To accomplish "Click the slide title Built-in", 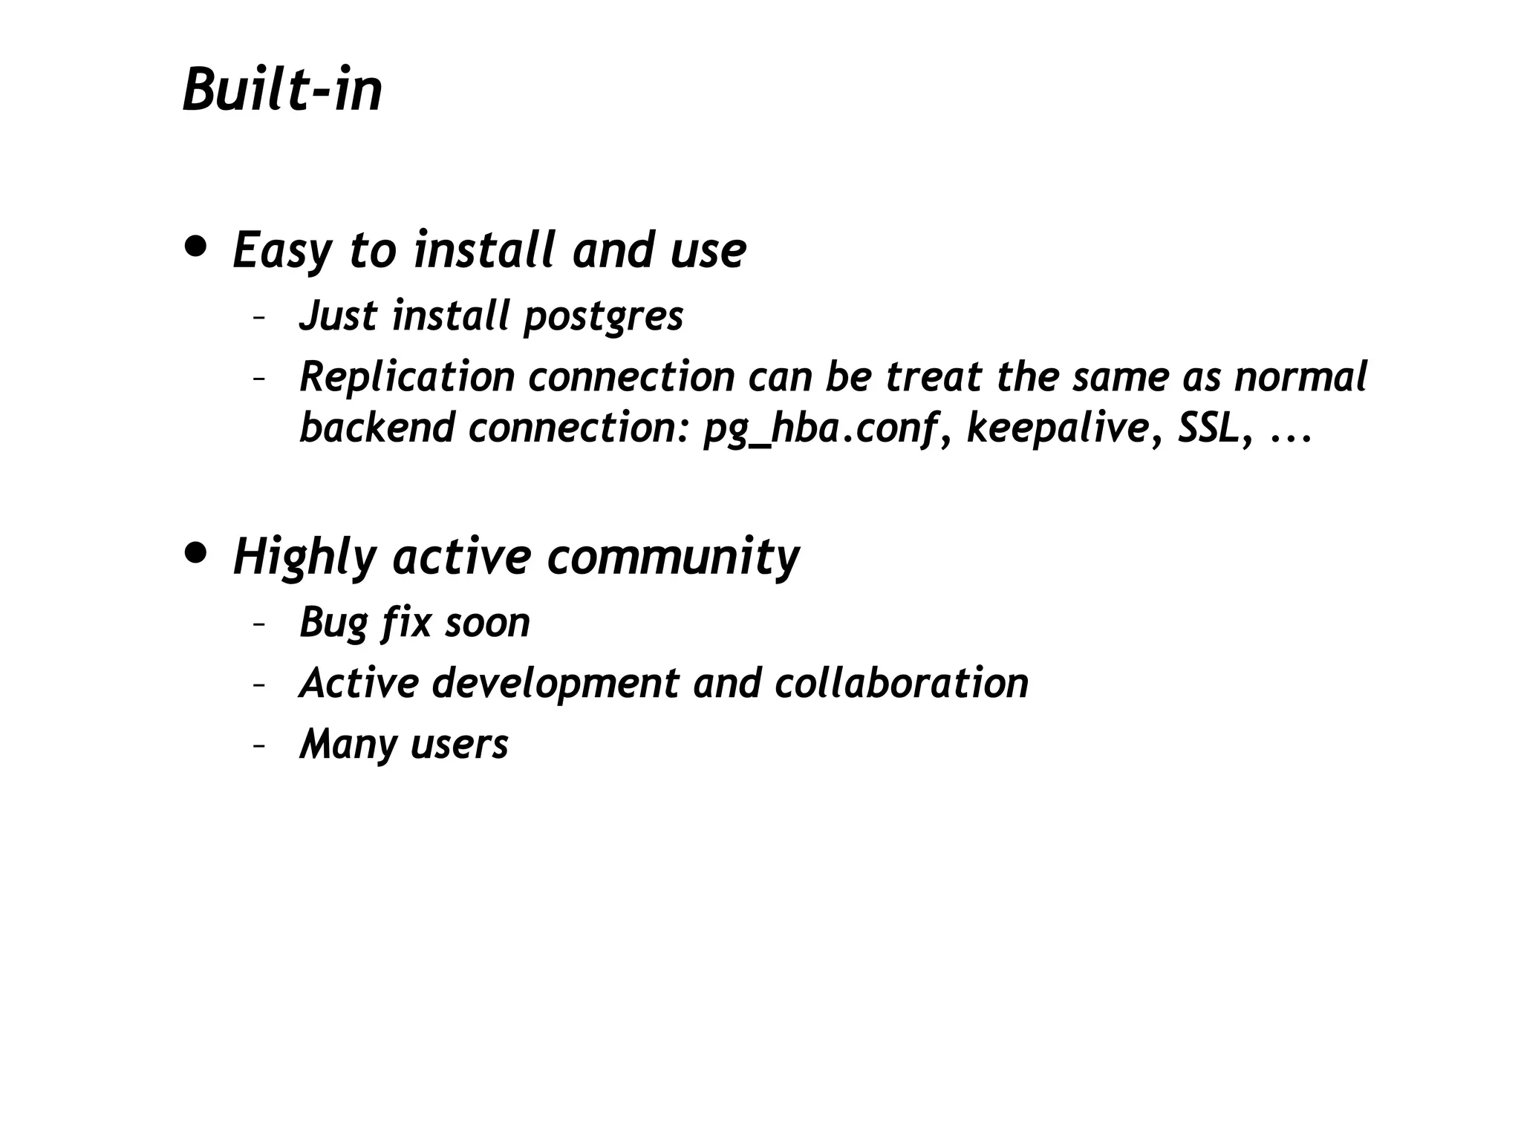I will point(282,91).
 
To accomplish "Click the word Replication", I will point(407,376).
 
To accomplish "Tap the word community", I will point(673,558).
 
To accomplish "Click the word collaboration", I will point(901,683).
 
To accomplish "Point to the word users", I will point(459,744).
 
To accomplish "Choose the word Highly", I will point(304,558).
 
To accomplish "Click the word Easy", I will point(281,252).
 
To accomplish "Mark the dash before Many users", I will point(259,745).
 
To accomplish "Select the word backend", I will point(377,428).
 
